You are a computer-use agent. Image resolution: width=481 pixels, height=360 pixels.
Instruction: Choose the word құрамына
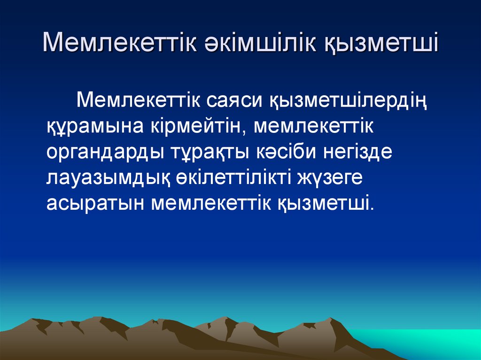pos(96,127)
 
